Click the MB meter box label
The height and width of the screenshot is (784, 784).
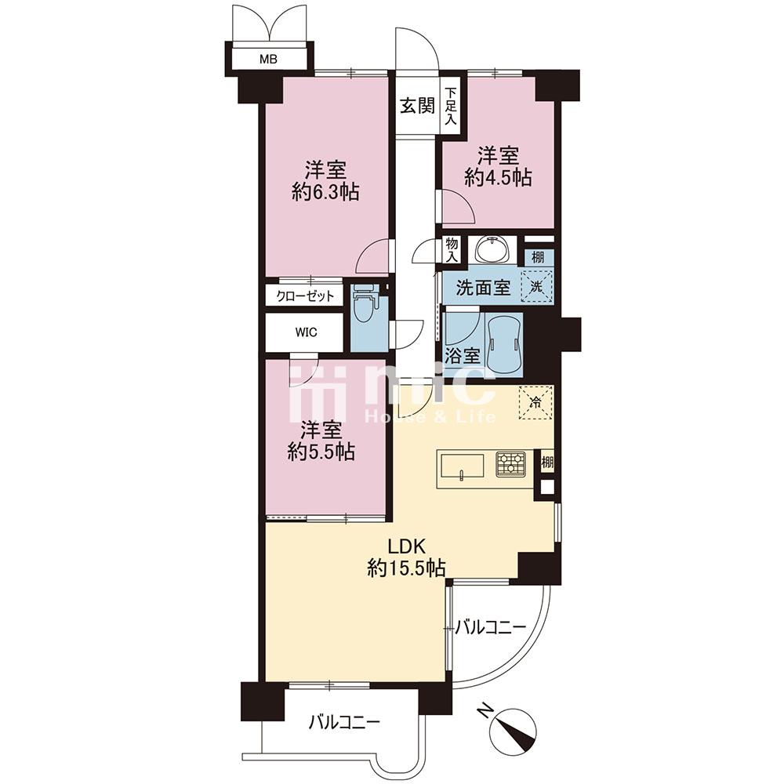[268, 60]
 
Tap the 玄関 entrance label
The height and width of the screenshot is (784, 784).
[417, 106]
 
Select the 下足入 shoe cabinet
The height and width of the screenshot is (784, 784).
[452, 106]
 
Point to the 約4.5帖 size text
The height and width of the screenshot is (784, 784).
[498, 177]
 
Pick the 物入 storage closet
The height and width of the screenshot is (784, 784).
[452, 250]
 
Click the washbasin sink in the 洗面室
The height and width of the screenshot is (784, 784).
[492, 249]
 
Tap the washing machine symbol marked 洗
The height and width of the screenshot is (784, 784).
[537, 286]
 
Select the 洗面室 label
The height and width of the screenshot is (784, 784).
[483, 288]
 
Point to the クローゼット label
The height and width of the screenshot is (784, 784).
[305, 296]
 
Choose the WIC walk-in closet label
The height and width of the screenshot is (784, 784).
[306, 332]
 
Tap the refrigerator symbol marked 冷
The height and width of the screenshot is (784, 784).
[535, 402]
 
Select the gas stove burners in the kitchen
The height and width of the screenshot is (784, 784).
[510, 463]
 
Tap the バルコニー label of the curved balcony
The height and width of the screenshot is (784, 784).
[491, 626]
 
